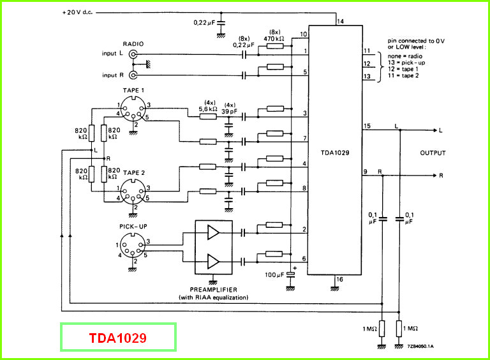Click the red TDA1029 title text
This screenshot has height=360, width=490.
pyautogui.click(x=118, y=338)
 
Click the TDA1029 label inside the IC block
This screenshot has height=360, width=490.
pyautogui.click(x=335, y=153)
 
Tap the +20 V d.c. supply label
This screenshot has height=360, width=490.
pyautogui.click(x=77, y=13)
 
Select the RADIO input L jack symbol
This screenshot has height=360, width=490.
pyautogui.click(x=133, y=55)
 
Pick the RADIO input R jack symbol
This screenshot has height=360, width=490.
pyautogui.click(x=133, y=75)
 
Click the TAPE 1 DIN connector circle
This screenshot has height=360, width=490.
pyautogui.click(x=133, y=109)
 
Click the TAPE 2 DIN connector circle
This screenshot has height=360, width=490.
pyautogui.click(x=133, y=191)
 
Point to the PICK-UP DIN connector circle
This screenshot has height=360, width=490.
pyautogui.click(x=133, y=245)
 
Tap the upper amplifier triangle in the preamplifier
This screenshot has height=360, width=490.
pyautogui.click(x=214, y=232)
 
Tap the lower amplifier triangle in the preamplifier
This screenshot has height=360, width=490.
pyautogui.click(x=214, y=261)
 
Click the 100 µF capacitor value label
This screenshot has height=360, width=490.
pyautogui.click(x=274, y=275)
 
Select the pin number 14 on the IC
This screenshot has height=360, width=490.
pyautogui.click(x=340, y=21)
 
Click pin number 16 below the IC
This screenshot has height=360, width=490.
pyautogui.click(x=339, y=279)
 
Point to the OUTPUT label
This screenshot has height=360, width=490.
pyautogui.click(x=433, y=153)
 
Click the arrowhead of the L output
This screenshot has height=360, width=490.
pyautogui.click(x=435, y=130)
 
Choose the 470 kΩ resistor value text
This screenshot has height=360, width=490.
pyautogui.click(x=274, y=39)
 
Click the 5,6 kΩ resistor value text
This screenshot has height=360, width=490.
pyautogui.click(x=208, y=109)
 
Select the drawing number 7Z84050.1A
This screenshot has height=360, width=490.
pyautogui.click(x=420, y=346)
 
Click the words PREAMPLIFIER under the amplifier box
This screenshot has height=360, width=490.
pyautogui.click(x=214, y=290)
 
